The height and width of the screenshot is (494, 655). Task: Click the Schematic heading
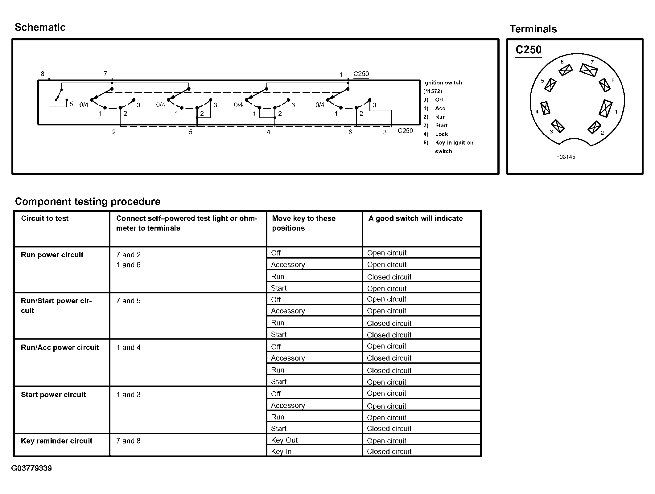pos(40,27)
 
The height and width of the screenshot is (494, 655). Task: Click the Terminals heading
pos(533,29)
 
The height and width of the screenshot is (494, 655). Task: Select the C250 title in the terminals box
pos(528,50)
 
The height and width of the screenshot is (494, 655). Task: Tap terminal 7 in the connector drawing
pos(588,70)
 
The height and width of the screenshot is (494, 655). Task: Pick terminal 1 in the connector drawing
pos(606,108)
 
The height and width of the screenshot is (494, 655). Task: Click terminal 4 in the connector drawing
pos(545,108)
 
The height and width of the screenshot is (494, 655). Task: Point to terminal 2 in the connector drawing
pos(594,127)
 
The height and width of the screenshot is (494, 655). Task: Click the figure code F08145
pos(566,157)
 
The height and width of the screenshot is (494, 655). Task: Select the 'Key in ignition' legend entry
pos(454,143)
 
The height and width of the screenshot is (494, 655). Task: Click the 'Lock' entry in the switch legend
pos(441,134)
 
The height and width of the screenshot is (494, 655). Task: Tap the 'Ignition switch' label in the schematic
pos(442,83)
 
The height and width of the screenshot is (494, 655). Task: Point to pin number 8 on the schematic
pos(43,74)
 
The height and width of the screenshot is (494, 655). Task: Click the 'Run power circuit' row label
pos(52,255)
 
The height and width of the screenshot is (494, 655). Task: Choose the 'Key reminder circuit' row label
pos(56,441)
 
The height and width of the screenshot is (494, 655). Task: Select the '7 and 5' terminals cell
pos(128,301)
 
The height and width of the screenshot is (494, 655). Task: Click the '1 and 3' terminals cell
pos(128,394)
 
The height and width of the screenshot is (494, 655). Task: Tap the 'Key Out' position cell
pos(284,440)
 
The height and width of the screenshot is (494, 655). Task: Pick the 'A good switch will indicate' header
pos(415,218)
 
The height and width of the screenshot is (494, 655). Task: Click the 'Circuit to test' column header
pos(45,218)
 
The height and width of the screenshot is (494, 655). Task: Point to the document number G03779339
pos(31,468)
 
